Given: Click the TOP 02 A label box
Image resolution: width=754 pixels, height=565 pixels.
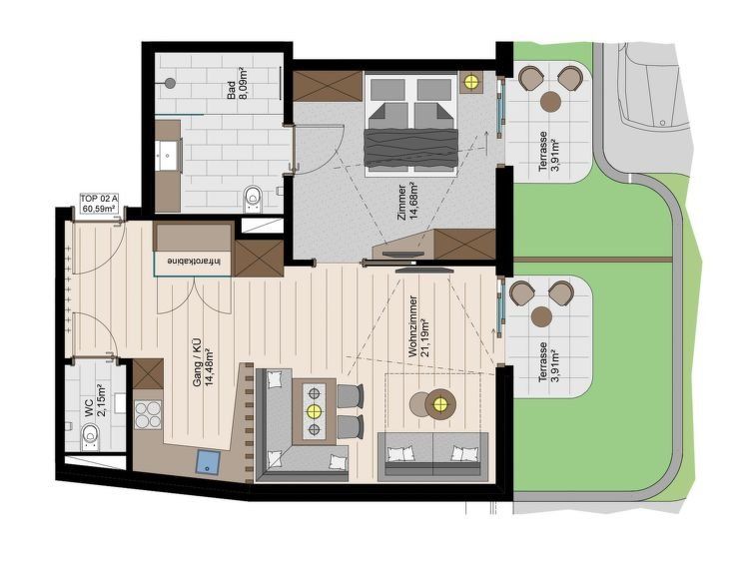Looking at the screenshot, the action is click(99, 204).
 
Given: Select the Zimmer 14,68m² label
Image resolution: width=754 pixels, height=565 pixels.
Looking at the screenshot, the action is click(406, 202).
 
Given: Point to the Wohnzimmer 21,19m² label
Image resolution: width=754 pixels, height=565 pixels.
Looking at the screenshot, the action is click(418, 326).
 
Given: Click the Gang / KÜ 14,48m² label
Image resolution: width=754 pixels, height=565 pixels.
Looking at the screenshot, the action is click(203, 361).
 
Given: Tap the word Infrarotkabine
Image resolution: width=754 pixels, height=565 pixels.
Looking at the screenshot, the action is click(195, 262).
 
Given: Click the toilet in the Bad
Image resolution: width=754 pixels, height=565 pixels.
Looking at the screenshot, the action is click(253, 198).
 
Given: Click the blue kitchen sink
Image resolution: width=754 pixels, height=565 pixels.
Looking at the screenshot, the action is click(208, 462).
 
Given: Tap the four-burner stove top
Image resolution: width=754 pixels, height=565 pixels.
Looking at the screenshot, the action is click(148, 414).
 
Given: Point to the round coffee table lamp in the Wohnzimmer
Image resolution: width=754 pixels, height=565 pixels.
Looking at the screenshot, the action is click(440, 404).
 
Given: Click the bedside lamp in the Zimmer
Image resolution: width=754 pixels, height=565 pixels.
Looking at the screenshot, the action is click(470, 82).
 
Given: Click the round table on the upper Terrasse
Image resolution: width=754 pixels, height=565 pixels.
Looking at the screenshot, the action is click(550, 102).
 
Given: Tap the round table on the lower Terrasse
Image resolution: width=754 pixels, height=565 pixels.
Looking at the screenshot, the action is click(542, 316).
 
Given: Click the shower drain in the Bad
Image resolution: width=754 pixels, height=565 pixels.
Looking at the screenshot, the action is click(169, 83).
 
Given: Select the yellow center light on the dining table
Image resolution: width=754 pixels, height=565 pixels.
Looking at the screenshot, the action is click(314, 411).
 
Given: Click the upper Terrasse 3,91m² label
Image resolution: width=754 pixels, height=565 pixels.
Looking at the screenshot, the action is click(548, 151).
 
